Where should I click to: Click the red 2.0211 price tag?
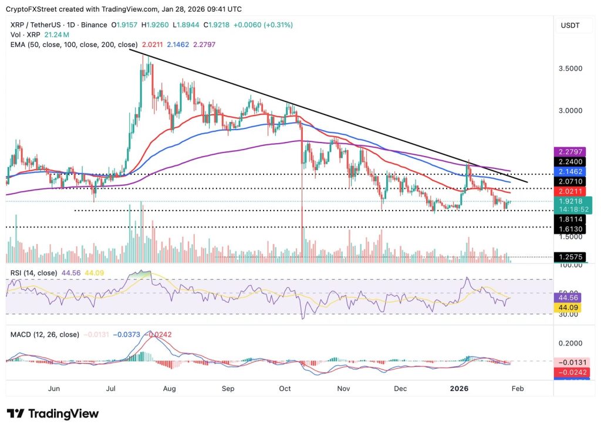tap(569, 191)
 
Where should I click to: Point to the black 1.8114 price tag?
tap(569, 218)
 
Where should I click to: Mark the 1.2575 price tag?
tap(569, 257)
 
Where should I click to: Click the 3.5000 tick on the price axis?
tap(570, 68)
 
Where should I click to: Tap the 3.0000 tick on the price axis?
tap(570, 110)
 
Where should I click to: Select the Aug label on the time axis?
tap(170, 388)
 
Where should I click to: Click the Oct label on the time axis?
tap(285, 388)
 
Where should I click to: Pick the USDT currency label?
tap(571, 25)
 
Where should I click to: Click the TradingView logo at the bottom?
tap(53, 413)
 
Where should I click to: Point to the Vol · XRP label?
tap(22, 35)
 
